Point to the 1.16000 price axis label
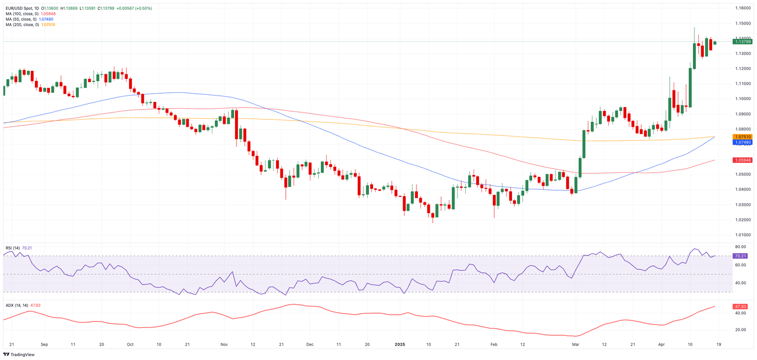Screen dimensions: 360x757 click(743, 8)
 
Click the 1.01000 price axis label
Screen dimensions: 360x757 click(743, 235)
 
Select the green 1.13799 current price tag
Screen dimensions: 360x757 click(743, 41)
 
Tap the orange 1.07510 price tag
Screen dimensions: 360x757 click(743, 137)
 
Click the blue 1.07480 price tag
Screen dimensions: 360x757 click(743, 142)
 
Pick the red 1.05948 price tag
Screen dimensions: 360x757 click(743, 160)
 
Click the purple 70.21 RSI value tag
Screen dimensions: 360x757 click(740, 256)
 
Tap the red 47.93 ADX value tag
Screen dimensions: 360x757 click(740, 306)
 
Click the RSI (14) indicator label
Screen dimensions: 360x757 click(12, 248)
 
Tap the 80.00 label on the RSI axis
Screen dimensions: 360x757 click(740, 247)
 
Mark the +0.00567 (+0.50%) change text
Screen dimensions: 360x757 click(134, 8)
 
